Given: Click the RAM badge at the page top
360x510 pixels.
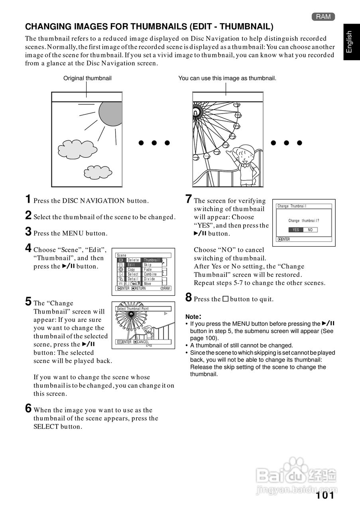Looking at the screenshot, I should pos(323,16).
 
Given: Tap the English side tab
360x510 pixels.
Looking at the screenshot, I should pos(349,42).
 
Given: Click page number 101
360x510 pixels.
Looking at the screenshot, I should pos(325,495).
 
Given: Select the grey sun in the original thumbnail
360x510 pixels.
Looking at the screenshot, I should pos(110,113).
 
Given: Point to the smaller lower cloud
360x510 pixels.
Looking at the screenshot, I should pos(98,172).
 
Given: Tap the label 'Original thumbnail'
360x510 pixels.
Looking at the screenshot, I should pos(87,78).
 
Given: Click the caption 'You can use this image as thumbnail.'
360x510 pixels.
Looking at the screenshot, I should pos(227,78).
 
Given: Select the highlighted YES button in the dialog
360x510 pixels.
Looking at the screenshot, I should pos(295,230).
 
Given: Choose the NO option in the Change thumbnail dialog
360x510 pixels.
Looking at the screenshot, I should pos(310,230).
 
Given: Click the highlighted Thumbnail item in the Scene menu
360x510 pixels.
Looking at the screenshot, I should pos(152,260).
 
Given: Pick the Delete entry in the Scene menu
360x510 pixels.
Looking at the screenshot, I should pos(134,260).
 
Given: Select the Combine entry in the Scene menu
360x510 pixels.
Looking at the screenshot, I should pos(150,275).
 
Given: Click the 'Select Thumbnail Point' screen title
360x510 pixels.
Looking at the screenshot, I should pos(133,309).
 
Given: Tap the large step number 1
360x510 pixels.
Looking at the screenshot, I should pos(28,199).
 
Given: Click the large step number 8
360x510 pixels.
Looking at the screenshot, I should pos(189,298).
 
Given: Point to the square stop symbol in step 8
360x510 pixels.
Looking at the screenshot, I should pos(225,299).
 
